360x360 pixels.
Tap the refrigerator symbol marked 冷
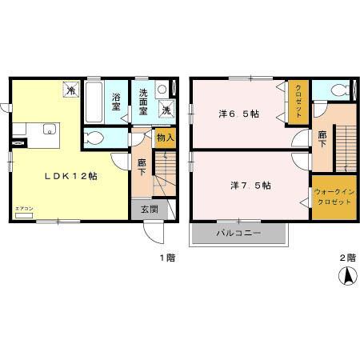(x=70, y=90)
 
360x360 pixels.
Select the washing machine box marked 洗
(x=168, y=111)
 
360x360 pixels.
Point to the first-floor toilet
(x=94, y=138)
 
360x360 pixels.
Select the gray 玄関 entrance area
(x=150, y=210)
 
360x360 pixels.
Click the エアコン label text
(x=24, y=210)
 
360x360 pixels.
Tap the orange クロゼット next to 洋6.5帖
(x=298, y=102)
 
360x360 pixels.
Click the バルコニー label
(x=238, y=234)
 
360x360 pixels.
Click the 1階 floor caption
(x=166, y=258)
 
